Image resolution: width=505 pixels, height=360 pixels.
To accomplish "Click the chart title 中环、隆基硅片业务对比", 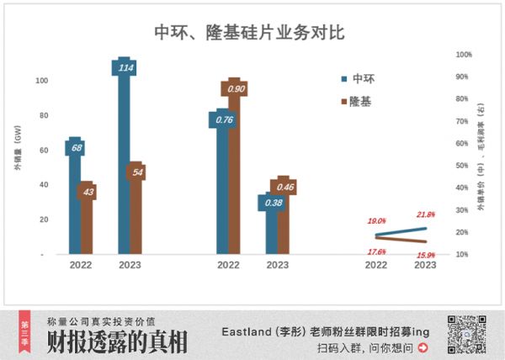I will (x=250, y=33).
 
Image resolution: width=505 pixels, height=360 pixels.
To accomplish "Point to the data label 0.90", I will (x=236, y=88).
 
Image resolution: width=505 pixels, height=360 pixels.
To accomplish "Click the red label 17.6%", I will (x=376, y=251).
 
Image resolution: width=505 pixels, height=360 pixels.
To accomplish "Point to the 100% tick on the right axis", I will (x=464, y=55).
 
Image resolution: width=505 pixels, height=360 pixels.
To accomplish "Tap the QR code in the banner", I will (x=462, y=334).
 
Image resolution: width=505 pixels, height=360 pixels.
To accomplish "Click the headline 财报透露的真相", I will (x=117, y=342).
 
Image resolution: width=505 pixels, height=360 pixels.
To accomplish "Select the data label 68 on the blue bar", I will (x=76, y=148).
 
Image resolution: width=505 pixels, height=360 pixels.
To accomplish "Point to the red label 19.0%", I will (x=376, y=221).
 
